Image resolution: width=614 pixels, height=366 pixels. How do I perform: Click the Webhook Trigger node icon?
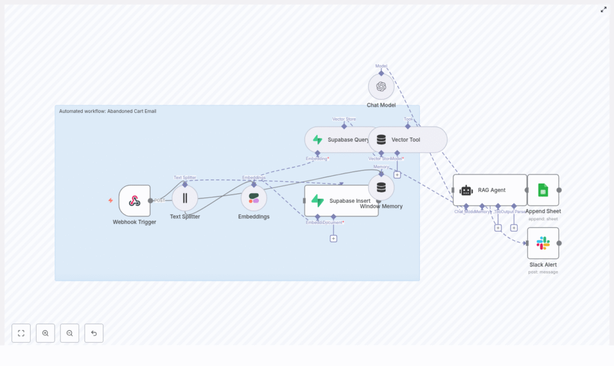pos(134,200)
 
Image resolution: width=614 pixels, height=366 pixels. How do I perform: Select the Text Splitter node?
pos(185,198)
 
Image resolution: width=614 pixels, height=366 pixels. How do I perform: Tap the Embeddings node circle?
pos(254,198)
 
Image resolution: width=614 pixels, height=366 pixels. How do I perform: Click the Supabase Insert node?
pos(341,200)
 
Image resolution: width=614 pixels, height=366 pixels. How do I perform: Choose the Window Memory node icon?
pos(381,187)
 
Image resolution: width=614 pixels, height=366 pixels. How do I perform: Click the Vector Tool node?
pos(408,139)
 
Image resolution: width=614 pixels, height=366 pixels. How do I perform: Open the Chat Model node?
pos(381,86)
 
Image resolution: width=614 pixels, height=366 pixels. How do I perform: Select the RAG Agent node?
pos(490,190)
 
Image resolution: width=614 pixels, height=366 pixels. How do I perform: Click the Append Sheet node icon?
pos(543,190)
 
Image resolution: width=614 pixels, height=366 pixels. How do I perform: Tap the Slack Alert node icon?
pos(543,243)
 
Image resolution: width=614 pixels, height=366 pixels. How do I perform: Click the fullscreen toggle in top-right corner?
pos(604,10)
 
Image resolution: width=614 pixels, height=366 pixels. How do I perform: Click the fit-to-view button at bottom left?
pos(21,333)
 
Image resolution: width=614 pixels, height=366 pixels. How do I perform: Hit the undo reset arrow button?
pos(94,333)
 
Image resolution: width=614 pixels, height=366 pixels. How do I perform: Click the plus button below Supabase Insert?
pos(333,238)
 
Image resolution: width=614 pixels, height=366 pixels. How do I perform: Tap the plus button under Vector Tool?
pos(397,175)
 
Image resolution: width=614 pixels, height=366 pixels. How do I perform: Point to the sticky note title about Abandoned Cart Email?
pos(107,111)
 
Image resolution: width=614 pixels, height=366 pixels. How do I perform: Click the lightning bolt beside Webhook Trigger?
pos(110,200)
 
